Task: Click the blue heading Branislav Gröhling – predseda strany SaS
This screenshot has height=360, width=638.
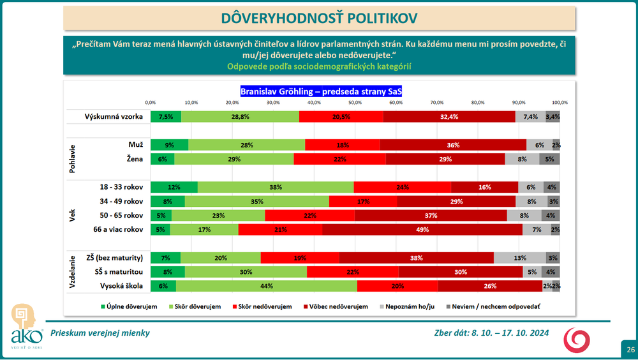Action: [x=321, y=91]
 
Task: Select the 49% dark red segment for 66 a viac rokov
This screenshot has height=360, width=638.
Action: [x=422, y=230]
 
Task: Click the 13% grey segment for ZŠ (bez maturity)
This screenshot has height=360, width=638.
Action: [x=519, y=258]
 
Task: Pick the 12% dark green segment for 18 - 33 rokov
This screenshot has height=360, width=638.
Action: [x=174, y=187]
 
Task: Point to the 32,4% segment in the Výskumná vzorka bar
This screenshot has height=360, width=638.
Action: [x=449, y=117]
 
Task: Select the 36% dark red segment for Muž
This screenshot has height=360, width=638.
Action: [x=453, y=145]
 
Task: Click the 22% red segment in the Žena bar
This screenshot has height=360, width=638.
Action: [x=339, y=159]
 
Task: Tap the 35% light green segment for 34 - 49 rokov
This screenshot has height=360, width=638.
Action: [x=257, y=201]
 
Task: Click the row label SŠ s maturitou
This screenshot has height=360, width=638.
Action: [x=114, y=272]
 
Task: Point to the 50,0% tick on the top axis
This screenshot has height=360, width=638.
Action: [x=355, y=103]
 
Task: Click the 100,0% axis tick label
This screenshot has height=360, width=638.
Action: [x=560, y=103]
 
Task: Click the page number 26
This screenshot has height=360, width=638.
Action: [x=630, y=349]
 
